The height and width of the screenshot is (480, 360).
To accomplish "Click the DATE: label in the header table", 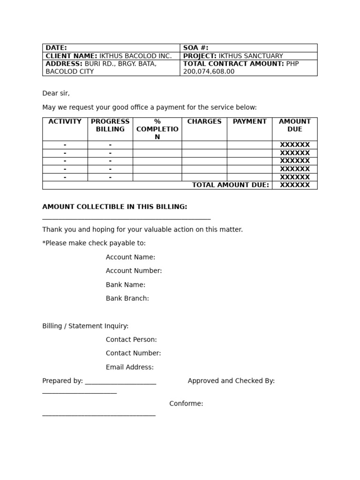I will (56, 48).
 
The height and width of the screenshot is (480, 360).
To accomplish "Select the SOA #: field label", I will (195, 48).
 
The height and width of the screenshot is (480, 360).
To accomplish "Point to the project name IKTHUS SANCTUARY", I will (251, 56).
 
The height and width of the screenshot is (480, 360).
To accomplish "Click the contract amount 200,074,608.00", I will (209, 72).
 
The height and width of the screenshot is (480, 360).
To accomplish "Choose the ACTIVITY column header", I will (65, 121).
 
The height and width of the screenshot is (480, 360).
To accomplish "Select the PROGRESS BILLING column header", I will (110, 125).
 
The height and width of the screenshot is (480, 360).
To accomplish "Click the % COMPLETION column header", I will (157, 129).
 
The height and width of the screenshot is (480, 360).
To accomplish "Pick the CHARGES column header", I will (204, 121).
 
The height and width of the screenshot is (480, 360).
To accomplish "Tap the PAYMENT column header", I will (249, 121).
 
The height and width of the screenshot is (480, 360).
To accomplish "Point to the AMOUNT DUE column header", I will (295, 125).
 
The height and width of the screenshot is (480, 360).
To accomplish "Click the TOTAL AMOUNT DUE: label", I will (231, 185).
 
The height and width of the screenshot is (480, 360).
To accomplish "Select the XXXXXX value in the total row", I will (295, 185).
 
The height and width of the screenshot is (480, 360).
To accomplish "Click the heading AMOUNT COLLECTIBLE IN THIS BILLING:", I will (115, 207).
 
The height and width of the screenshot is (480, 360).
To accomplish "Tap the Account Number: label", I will (134, 270).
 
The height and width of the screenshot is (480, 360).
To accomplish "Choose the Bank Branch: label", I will (127, 298).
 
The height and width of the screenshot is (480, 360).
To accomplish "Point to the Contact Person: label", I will (131, 339).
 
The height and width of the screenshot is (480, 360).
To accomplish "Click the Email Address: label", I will (130, 367).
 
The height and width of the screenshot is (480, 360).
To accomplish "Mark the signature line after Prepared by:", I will (120, 384).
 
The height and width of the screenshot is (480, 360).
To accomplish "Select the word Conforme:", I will (186, 404).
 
